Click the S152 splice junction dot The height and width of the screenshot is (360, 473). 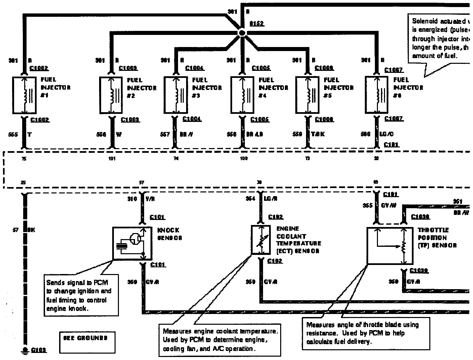242,33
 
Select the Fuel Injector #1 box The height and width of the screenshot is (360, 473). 24,95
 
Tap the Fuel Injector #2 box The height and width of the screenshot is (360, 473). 112,95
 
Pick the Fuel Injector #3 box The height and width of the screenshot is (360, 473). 176,95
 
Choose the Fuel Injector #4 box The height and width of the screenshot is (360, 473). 243,95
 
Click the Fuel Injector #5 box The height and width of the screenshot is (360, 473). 307,95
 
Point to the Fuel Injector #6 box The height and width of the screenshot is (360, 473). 377,95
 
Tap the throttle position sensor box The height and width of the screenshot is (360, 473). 390,246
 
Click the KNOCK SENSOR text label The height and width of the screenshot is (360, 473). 170,234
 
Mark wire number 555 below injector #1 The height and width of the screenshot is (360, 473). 13,134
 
